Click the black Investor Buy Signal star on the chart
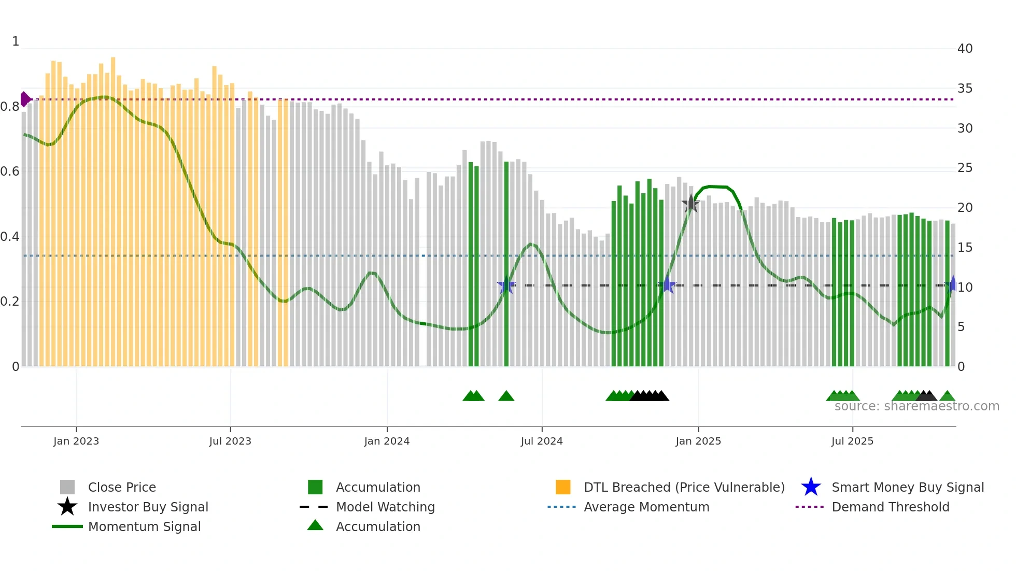point(690,204)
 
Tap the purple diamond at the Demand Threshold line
point(25,99)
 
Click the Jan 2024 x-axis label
point(387,441)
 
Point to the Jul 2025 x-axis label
point(852,441)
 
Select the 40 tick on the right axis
point(965,49)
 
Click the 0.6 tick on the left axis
point(10,172)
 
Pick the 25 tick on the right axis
point(965,168)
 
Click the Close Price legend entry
point(121,487)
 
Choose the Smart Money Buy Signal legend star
point(811,487)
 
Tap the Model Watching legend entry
point(385,507)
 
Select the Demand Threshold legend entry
point(890,507)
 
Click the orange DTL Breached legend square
point(563,487)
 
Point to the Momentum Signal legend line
point(67,526)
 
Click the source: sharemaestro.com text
point(916,406)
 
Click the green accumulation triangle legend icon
point(315,525)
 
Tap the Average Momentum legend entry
point(646,507)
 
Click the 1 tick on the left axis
point(16,41)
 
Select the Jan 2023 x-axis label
point(76,441)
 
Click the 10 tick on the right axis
point(965,287)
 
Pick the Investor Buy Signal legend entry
point(148,507)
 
